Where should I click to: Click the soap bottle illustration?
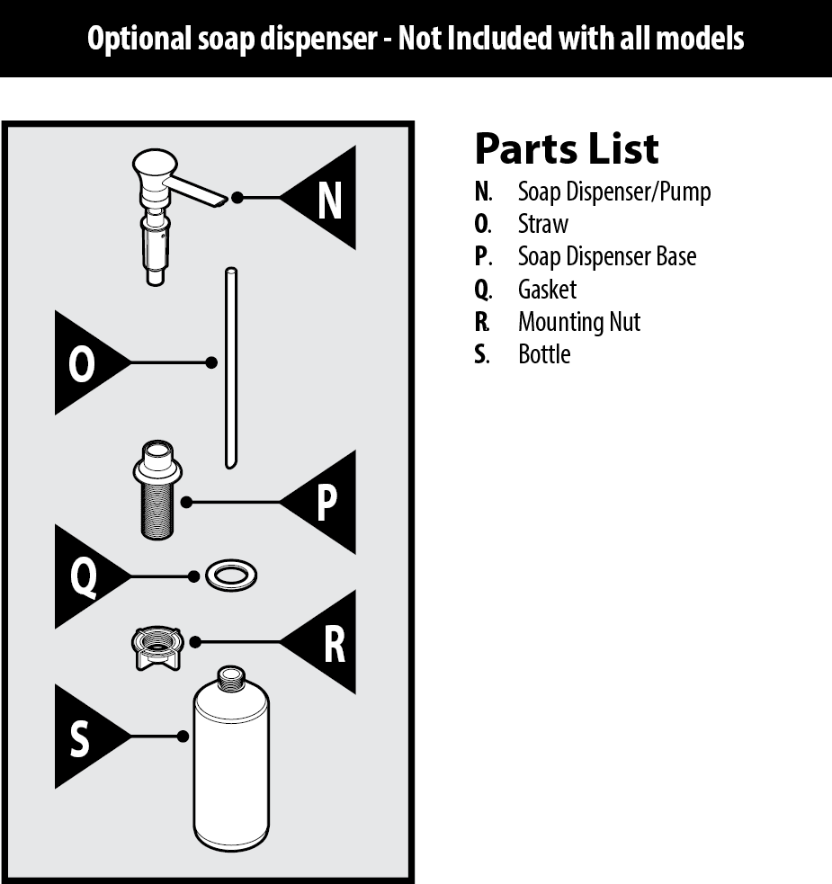pos(231,758)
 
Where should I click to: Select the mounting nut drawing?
pos(157,648)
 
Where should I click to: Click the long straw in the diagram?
pos(231,368)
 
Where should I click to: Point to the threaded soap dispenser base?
pos(157,490)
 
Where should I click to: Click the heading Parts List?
pos(567,149)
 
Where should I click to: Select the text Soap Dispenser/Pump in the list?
pos(614,192)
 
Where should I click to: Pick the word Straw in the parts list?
pos(543,224)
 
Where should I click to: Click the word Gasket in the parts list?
pos(547,290)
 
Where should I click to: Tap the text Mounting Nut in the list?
pos(579,322)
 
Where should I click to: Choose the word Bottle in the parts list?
pos(544,354)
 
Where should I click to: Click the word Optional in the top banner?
pos(139,39)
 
